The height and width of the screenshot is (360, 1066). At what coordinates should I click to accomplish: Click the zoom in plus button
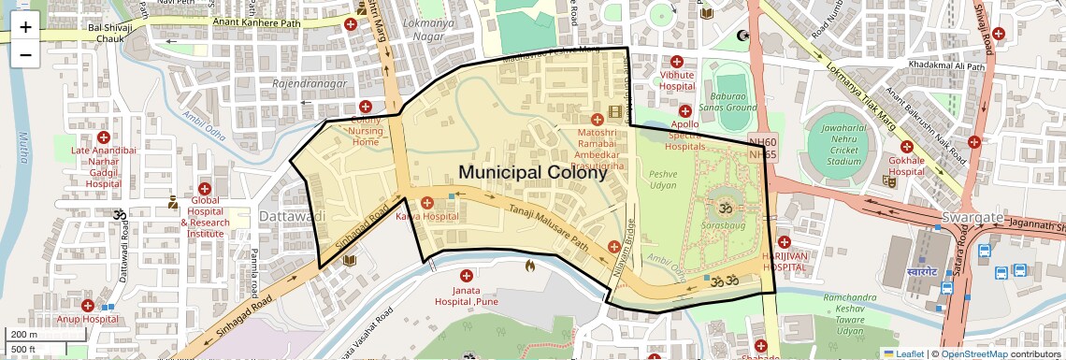coord(25,27)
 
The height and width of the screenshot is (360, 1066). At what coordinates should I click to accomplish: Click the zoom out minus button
coord(25,55)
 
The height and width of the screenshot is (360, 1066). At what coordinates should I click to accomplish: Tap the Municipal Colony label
coord(532,172)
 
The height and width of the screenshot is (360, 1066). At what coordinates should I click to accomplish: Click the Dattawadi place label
coord(287,216)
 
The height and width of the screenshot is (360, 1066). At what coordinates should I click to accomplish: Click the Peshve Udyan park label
coord(662,179)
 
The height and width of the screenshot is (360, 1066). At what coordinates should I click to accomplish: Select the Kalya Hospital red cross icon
coord(427,202)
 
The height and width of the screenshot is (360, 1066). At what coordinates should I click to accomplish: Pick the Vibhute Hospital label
coord(677,79)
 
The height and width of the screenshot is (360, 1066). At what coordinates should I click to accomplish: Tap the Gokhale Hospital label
coord(906,166)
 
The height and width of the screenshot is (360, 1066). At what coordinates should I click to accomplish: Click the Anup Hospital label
coord(88,319)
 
